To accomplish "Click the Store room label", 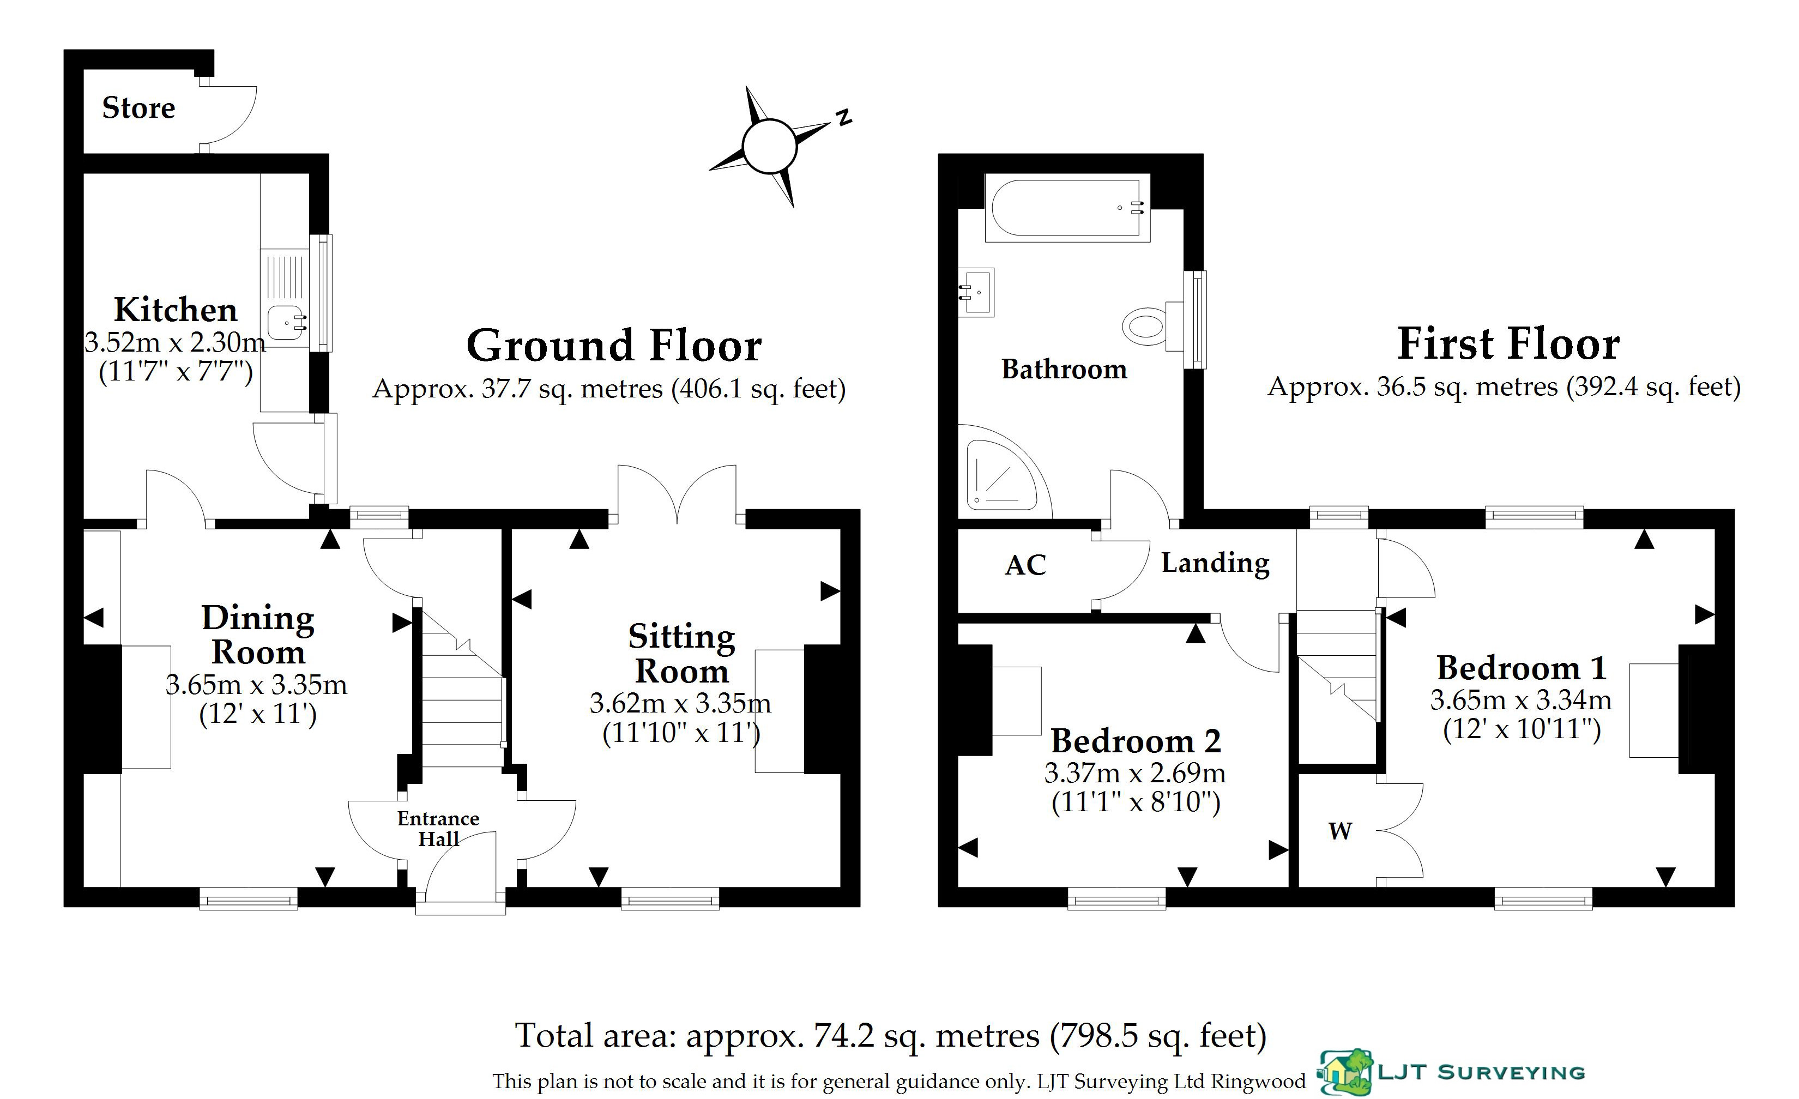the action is point(138,108).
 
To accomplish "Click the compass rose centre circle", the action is point(769,146).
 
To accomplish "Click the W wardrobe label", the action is point(1340,830).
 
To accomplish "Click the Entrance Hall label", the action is point(438,829).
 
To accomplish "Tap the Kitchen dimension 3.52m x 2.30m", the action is point(175,342).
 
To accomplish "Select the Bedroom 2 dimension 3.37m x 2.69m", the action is point(1136,772).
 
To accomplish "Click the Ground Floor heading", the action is point(614,346).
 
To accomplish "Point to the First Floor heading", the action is point(1508,344).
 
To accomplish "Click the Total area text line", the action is point(891,1035).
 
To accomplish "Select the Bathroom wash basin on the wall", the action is point(976,292).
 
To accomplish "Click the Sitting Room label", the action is point(682,654).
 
